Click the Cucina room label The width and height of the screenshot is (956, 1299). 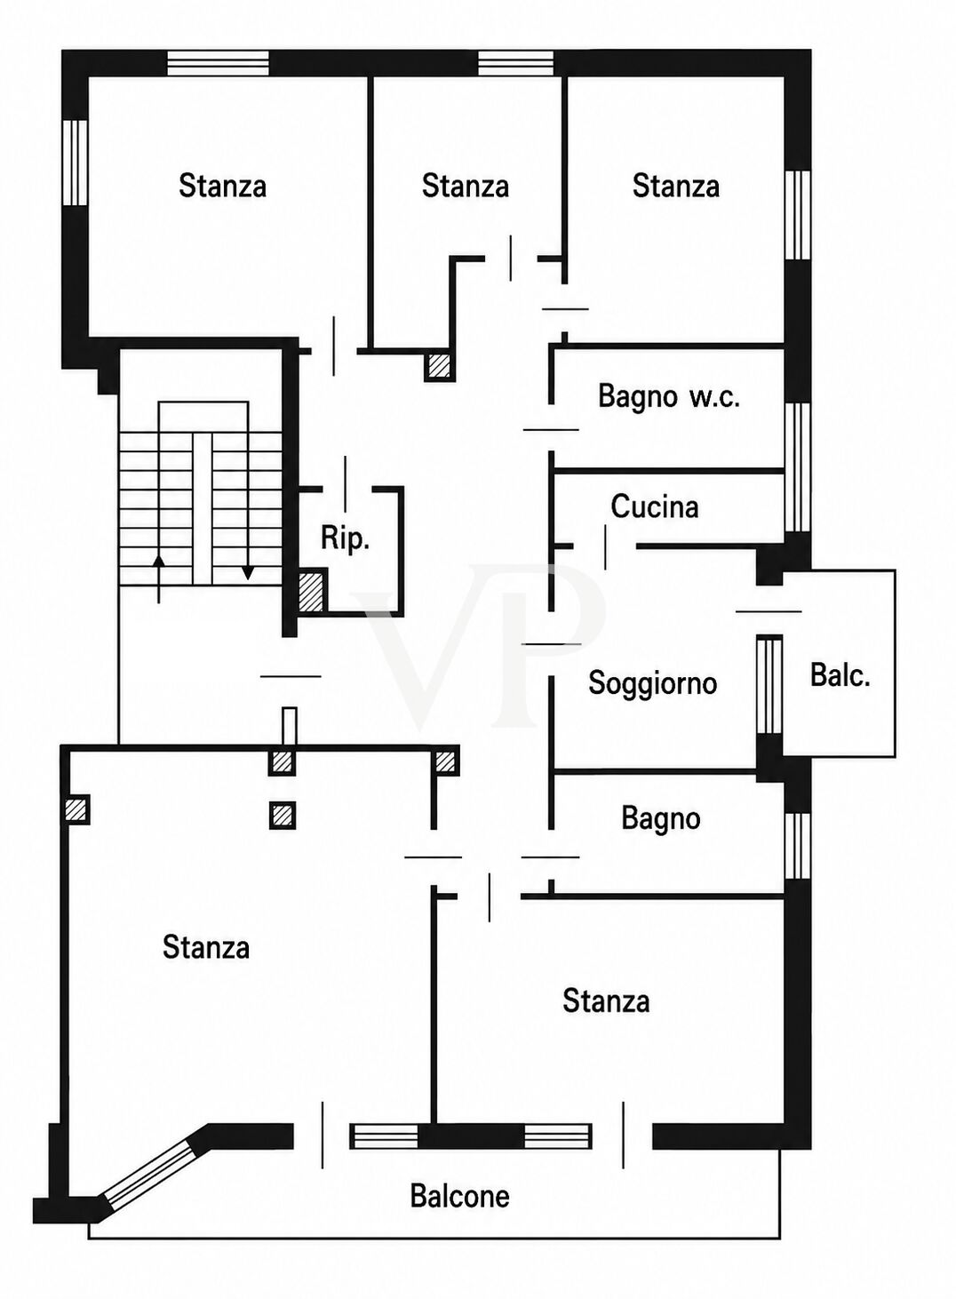(x=654, y=506)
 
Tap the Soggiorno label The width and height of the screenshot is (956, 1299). (x=653, y=684)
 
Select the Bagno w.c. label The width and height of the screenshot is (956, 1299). (x=669, y=397)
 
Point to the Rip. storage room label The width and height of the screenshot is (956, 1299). (x=345, y=539)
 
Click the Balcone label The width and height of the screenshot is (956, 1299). (x=459, y=1196)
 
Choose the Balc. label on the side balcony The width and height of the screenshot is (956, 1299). (x=840, y=675)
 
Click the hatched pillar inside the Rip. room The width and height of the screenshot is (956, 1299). (x=311, y=592)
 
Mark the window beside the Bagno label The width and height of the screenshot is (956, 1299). (x=798, y=846)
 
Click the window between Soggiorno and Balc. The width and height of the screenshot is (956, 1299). (x=770, y=685)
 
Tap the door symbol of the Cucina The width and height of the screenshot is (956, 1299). (x=605, y=546)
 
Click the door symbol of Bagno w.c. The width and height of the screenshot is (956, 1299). (x=551, y=430)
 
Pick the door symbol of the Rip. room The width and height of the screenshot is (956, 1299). (x=346, y=483)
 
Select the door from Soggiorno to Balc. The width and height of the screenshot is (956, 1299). (x=769, y=611)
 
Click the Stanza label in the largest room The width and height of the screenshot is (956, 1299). (x=206, y=947)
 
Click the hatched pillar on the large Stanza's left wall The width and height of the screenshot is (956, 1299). (x=76, y=809)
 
